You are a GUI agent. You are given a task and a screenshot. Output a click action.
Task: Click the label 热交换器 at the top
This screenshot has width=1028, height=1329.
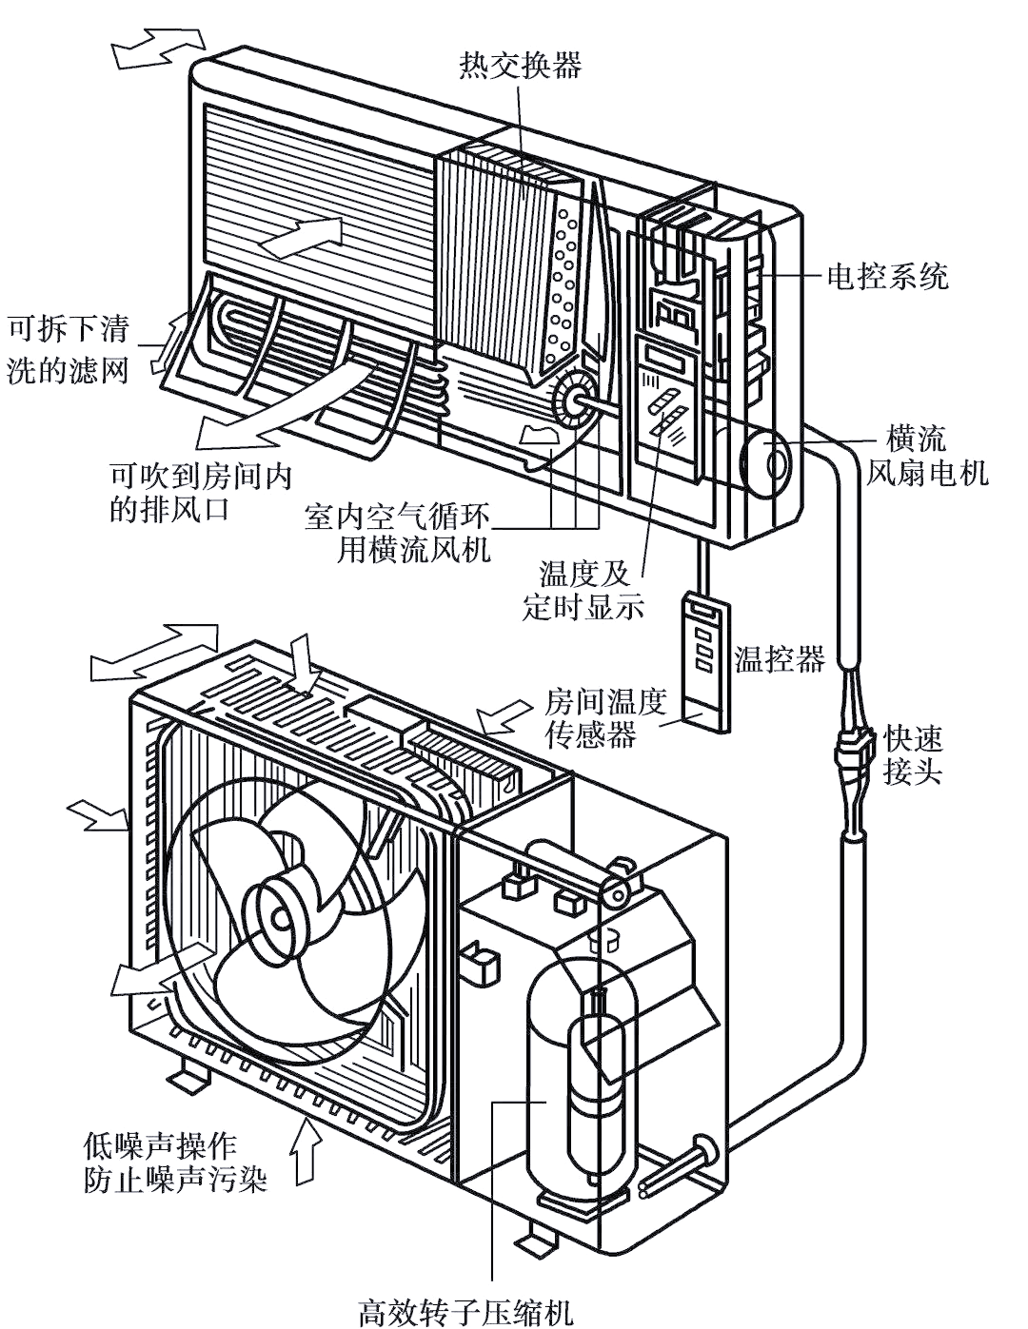point(519,66)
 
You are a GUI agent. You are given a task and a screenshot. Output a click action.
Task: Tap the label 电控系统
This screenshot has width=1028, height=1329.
point(886,277)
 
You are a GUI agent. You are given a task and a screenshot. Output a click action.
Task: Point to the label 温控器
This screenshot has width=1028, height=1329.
point(780,659)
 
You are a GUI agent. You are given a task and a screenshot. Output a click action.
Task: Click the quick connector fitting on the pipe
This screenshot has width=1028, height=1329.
point(853,752)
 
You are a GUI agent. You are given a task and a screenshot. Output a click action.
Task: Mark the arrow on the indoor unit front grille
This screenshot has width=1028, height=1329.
point(301,236)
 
